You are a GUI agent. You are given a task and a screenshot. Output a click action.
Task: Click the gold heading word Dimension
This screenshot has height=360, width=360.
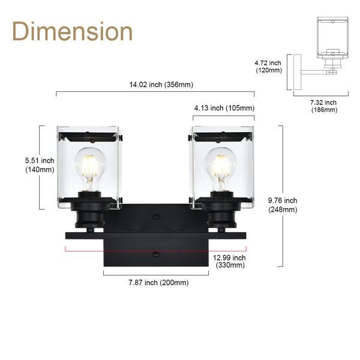point(73,31)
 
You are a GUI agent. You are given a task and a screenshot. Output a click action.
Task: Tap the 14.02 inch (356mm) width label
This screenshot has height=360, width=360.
point(161,85)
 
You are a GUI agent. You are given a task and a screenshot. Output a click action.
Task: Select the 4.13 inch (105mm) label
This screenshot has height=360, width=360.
point(224,108)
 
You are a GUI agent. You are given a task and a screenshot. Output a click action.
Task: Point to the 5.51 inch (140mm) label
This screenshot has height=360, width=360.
point(40,165)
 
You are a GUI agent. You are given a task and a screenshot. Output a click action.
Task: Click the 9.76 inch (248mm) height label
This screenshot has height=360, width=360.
point(283,205)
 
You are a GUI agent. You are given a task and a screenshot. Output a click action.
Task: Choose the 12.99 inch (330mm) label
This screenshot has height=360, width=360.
point(229,261)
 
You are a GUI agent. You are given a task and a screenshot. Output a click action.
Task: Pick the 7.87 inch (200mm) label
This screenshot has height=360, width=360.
point(158,283)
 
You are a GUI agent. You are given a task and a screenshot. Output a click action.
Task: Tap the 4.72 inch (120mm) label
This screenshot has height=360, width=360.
point(268,67)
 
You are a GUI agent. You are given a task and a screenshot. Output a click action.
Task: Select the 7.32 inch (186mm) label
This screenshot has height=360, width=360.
point(324,106)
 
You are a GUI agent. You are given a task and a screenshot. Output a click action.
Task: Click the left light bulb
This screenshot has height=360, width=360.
point(90,169)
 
